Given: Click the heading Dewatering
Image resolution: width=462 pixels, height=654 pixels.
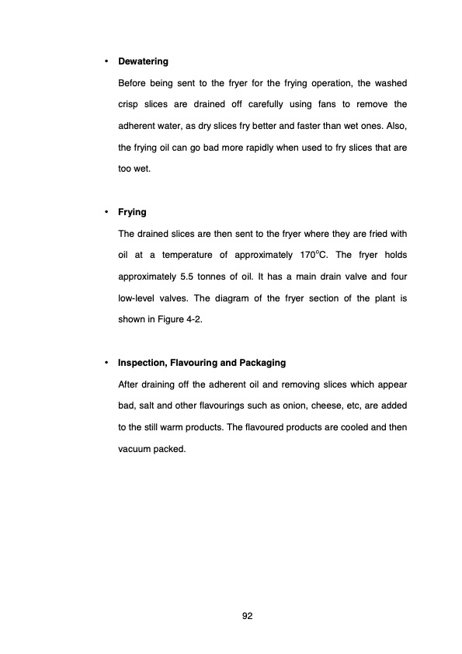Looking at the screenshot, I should click(x=143, y=61).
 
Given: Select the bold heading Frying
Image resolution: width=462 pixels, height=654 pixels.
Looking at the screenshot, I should click(x=131, y=212).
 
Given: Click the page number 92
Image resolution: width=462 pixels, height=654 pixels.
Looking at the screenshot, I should click(x=248, y=616).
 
